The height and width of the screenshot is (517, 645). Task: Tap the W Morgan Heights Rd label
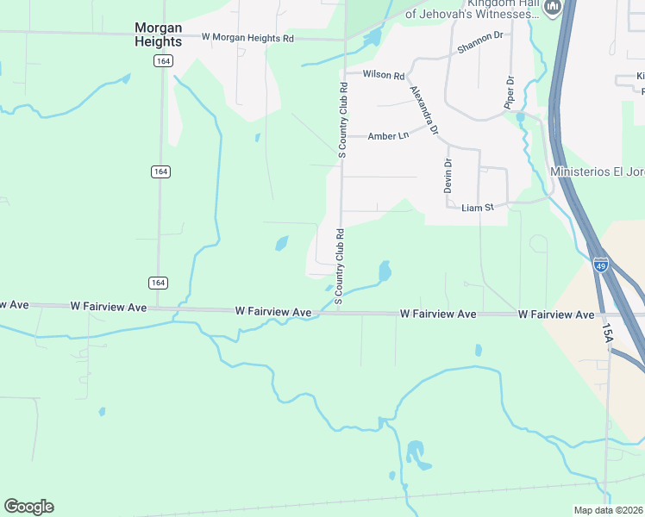[247, 38]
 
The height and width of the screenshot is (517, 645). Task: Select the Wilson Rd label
[384, 76]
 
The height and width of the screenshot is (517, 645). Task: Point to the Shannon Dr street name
[479, 42]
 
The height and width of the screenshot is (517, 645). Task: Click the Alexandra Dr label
[424, 110]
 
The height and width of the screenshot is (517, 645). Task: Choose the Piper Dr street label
[509, 92]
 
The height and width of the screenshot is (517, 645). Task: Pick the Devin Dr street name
[448, 175]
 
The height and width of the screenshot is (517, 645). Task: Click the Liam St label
[477, 208]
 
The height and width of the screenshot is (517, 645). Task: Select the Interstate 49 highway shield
[601, 264]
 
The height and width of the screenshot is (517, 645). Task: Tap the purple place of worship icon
[552, 8]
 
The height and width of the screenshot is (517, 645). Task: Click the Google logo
[28, 507]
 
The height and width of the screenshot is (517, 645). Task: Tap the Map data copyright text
[608, 510]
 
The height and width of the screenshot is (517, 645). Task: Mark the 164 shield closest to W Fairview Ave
[158, 283]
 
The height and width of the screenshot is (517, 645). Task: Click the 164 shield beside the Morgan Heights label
[161, 60]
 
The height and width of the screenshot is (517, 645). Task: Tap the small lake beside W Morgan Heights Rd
[373, 39]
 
